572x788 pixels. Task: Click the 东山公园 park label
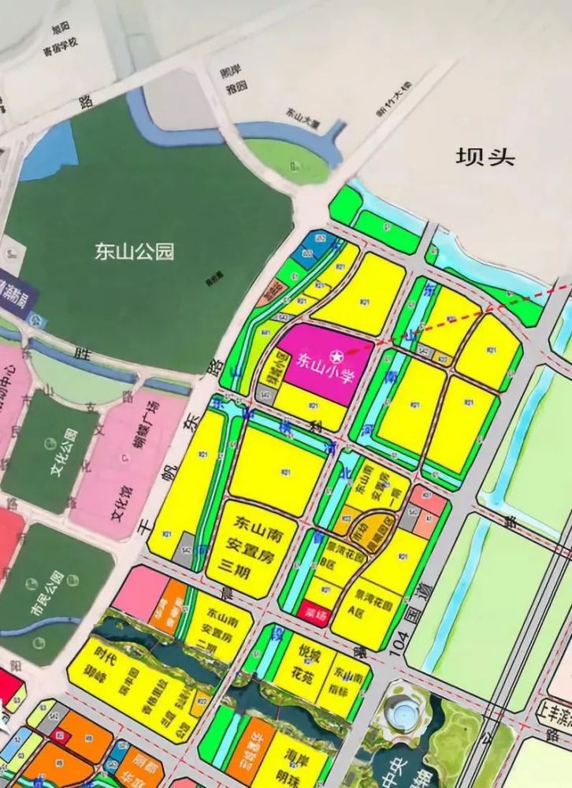[x=134, y=252]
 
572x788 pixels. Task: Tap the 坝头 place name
[x=485, y=156]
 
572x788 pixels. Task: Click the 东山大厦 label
[x=301, y=117]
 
